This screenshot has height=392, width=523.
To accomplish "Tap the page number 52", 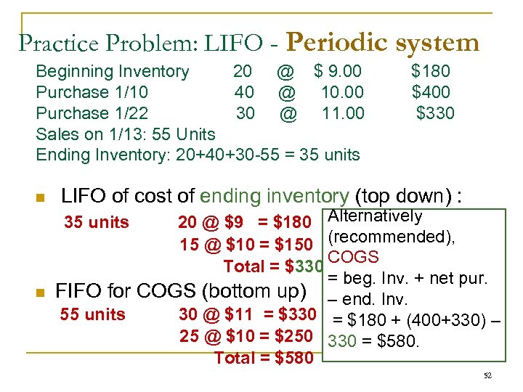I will (x=487, y=375).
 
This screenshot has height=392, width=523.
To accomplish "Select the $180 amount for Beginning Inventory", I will (x=431, y=71).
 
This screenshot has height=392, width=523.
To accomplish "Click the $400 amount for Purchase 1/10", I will (x=431, y=92).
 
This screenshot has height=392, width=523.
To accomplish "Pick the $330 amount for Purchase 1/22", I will (x=435, y=113).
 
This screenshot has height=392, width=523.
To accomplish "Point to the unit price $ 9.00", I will (x=338, y=71).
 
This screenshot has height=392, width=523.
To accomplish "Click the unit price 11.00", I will (x=343, y=113).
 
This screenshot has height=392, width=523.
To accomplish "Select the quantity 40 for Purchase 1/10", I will (x=244, y=92).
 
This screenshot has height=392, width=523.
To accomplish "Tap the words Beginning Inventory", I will (x=113, y=71).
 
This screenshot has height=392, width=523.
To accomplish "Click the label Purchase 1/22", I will (x=92, y=113).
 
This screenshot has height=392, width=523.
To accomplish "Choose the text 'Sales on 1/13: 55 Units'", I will (x=126, y=134).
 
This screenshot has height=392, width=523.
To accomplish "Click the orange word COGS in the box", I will (x=353, y=257).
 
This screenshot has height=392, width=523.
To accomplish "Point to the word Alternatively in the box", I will (x=375, y=216).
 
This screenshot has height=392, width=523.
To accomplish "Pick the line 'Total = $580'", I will (x=264, y=357).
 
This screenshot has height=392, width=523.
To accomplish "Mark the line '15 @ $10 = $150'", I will (x=246, y=245).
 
